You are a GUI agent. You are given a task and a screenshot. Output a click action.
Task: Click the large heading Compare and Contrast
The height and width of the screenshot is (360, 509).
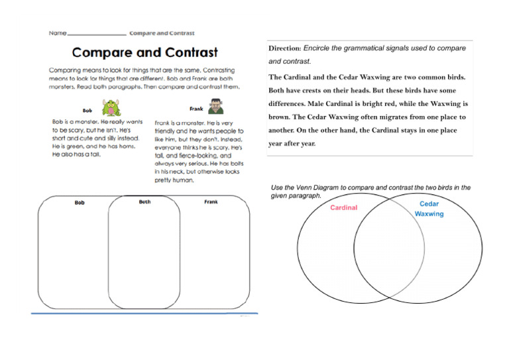pos(144,52)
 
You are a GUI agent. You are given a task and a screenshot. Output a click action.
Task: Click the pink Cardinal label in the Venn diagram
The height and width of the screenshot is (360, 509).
pos(343,208)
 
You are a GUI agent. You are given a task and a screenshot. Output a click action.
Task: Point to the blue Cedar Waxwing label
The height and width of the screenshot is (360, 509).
pos(429,209)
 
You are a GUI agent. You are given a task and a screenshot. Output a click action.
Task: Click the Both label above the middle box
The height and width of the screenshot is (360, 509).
pos(144,202)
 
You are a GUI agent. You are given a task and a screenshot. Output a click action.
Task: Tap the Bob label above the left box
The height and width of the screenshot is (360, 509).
pos(80,202)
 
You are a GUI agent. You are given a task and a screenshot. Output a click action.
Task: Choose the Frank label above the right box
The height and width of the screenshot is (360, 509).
pos(211,202)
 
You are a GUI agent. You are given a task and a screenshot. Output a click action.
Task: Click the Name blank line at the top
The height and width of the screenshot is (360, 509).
pos(97,33)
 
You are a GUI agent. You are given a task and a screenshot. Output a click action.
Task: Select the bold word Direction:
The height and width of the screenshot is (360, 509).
pos(284,48)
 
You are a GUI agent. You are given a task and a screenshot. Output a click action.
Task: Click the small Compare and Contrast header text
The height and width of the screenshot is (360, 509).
pos(162,32)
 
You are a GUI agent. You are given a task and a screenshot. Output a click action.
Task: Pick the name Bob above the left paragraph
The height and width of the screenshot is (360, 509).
pos(87,111)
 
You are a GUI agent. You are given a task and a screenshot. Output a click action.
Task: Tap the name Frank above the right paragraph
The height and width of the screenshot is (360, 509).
pos(196,109)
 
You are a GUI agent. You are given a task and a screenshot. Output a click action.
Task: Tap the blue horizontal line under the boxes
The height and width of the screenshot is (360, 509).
pos(144,313)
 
